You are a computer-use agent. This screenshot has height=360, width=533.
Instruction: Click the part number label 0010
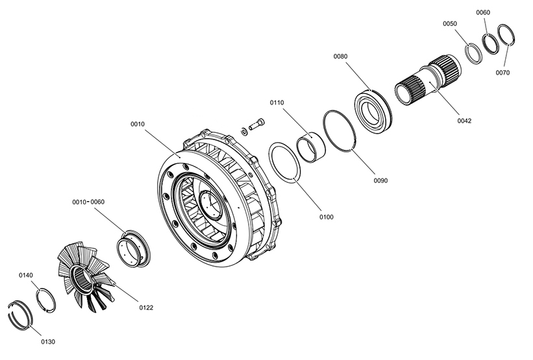point(138,125)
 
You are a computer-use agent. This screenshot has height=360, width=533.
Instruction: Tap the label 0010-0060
point(88,202)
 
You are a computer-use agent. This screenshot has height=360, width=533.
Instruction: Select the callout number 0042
point(464,121)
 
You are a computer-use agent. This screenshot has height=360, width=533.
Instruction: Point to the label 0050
point(450,24)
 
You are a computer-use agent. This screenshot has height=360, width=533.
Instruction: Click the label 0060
point(483,12)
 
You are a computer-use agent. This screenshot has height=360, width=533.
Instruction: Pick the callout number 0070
point(502,73)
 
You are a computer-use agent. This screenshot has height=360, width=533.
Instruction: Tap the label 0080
point(340,56)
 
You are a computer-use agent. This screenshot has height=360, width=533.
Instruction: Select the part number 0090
point(380,181)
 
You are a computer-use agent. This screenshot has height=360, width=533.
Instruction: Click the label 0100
point(327,217)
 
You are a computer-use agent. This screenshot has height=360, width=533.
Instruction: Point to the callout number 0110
point(277,102)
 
